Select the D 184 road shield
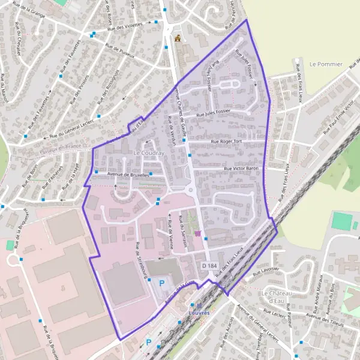click(x=209, y=265)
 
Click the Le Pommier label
click(x=325, y=64)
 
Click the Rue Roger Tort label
click(x=226, y=142)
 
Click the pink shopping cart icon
click(x=197, y=233)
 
